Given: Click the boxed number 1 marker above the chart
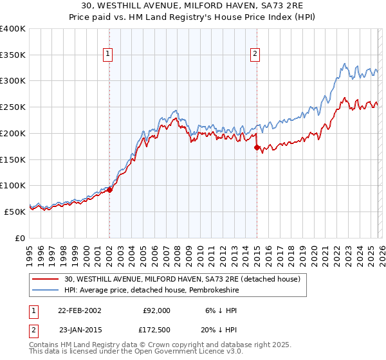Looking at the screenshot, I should (107, 55).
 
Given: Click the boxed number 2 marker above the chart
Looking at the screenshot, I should (255, 55).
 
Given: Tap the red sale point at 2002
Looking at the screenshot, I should (110, 190).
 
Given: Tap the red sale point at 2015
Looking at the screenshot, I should (257, 147).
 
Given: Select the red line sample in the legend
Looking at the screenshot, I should (46, 280).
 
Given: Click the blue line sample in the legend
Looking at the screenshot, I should (46, 290).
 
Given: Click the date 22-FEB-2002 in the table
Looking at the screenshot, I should (79, 310).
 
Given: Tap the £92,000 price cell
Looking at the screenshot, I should (156, 310).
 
